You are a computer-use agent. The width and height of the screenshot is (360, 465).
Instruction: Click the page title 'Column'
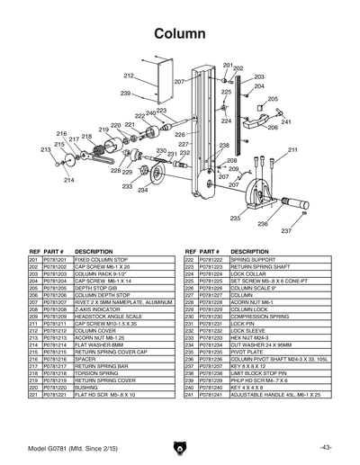[x=179, y=33]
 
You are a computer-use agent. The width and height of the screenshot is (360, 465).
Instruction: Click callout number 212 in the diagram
[x=129, y=76]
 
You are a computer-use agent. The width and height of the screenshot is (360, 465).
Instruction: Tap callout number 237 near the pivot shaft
[x=262, y=231]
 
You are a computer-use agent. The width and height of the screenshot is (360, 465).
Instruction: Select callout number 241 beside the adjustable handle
[x=286, y=121]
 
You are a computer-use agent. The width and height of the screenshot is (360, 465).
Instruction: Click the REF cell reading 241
[x=190, y=394]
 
